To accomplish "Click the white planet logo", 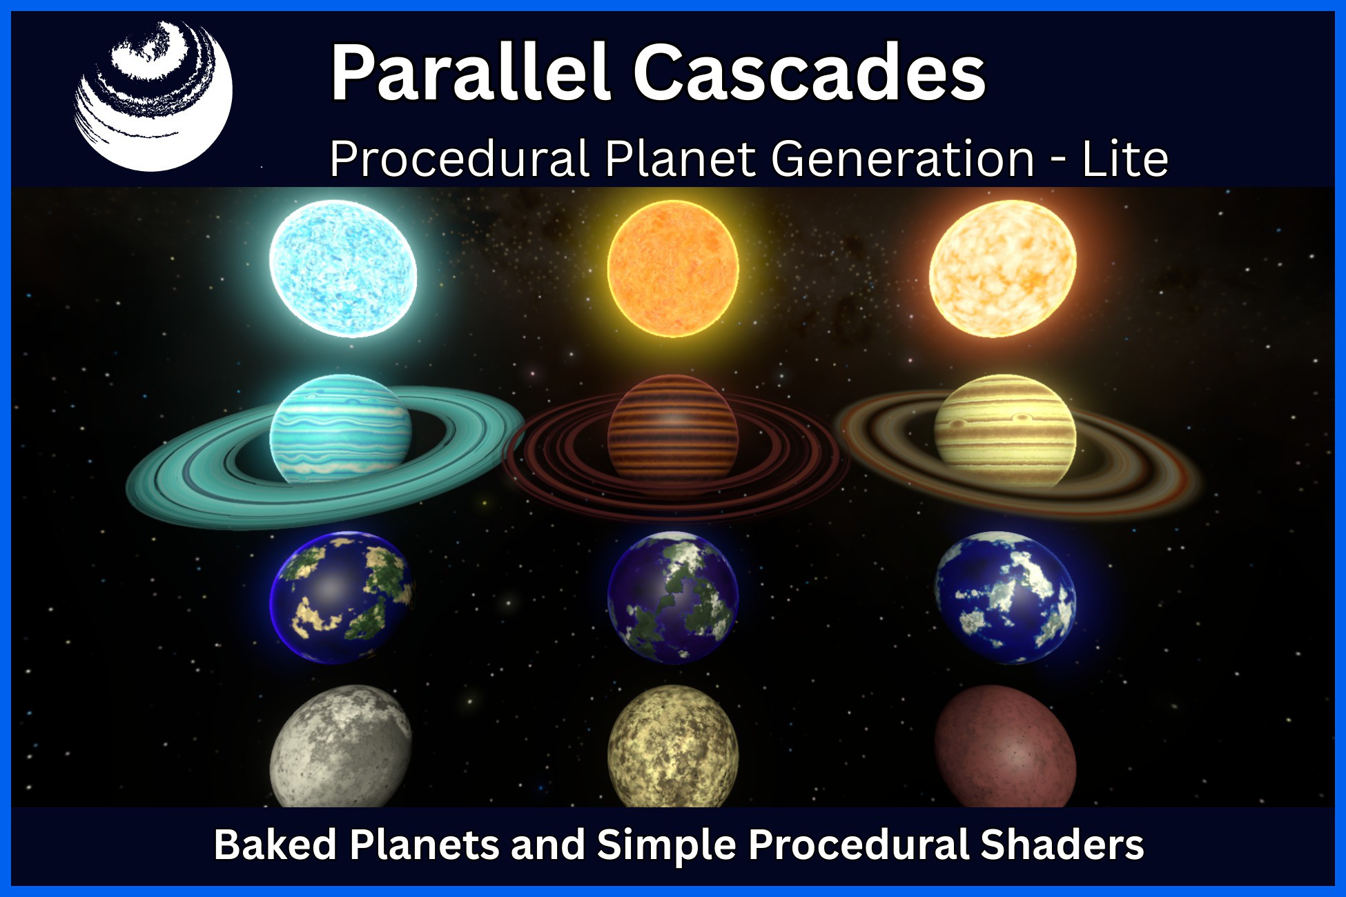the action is tap(153, 95).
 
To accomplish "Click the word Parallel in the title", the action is tap(470, 72).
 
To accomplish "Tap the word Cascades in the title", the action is tap(810, 72).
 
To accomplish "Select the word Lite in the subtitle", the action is tap(1124, 159).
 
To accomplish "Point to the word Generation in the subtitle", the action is tap(902, 159).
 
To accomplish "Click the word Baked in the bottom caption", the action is tap(275, 845).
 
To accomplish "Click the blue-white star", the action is tap(343, 268).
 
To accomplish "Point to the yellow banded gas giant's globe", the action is tap(1005, 432).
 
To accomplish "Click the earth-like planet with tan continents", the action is tap(342, 598).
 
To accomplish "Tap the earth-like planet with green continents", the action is tap(673, 598).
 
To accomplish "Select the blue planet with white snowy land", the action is tap(1005, 598).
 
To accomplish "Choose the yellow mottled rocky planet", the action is tap(673, 747).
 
